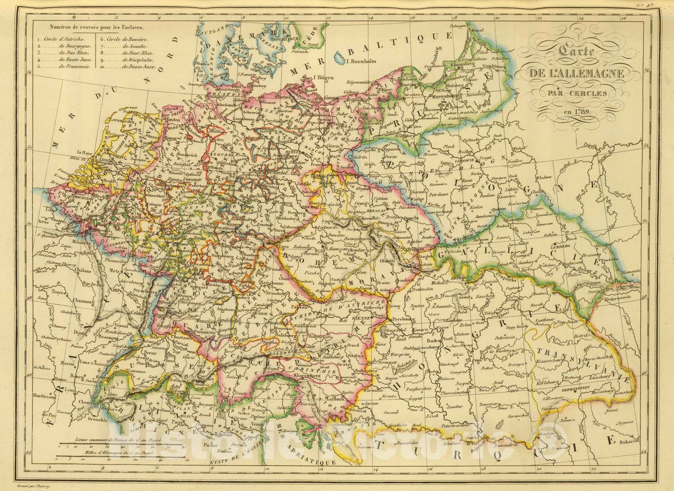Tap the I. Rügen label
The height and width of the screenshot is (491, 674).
tap(317, 77)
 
